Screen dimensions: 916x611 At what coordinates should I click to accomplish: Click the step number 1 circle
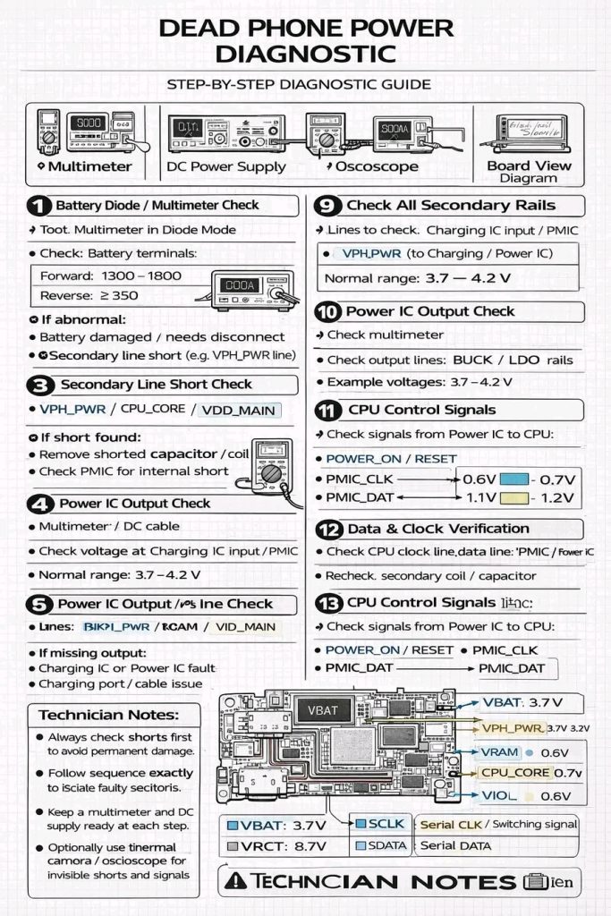tap(38, 206)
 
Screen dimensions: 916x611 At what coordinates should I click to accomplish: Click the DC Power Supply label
tap(226, 166)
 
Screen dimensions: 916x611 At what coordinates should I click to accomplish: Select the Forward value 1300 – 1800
tap(141, 276)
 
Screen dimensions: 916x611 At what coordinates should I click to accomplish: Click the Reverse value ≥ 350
tap(114, 295)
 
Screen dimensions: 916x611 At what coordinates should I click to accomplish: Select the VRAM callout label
tap(500, 752)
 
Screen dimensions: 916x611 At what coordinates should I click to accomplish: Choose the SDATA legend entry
tap(382, 845)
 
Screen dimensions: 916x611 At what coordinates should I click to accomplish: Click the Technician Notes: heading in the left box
tap(108, 715)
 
